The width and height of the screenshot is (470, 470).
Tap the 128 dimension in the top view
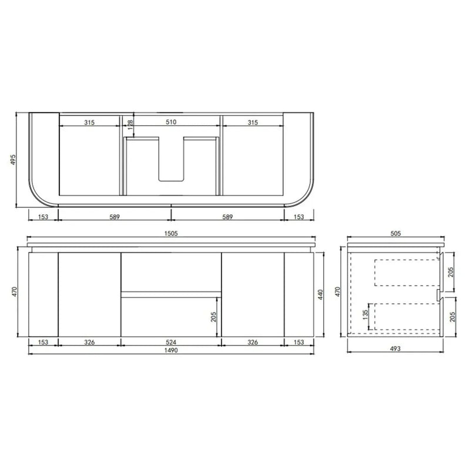(x=130, y=126)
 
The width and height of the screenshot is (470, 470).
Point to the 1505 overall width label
(x=171, y=233)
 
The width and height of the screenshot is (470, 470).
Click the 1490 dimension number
(x=171, y=350)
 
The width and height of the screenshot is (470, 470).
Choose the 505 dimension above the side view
(x=395, y=233)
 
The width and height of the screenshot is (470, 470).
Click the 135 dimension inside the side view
(x=365, y=318)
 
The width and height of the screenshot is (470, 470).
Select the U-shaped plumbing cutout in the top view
(x=171, y=159)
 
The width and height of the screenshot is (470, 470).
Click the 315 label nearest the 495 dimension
(x=89, y=122)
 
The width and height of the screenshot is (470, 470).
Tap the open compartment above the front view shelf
(x=171, y=271)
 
